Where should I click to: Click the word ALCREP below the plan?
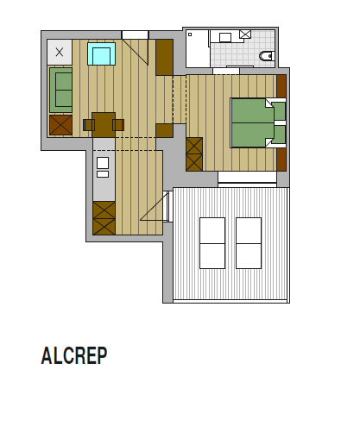point(74,356)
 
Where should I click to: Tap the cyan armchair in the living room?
point(102,55)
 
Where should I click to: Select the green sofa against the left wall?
point(60,91)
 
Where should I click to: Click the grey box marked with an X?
point(59,52)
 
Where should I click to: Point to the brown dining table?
point(104,124)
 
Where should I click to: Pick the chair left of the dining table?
point(88,125)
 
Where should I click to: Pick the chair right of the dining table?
point(118,125)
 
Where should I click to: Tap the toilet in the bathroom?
point(267,57)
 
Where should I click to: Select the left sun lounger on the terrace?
point(212,242)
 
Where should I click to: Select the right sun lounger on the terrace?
point(249,242)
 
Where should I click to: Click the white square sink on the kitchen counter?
point(102,162)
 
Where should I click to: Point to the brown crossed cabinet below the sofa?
point(60,125)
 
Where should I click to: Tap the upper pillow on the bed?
point(279,111)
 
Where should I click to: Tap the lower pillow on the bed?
point(279,135)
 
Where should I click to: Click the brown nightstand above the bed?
point(281,86)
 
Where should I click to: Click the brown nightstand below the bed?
point(281,160)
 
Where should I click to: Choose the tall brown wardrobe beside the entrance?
point(164,57)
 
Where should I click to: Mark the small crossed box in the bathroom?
point(245,34)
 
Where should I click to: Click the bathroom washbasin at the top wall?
point(225,37)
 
